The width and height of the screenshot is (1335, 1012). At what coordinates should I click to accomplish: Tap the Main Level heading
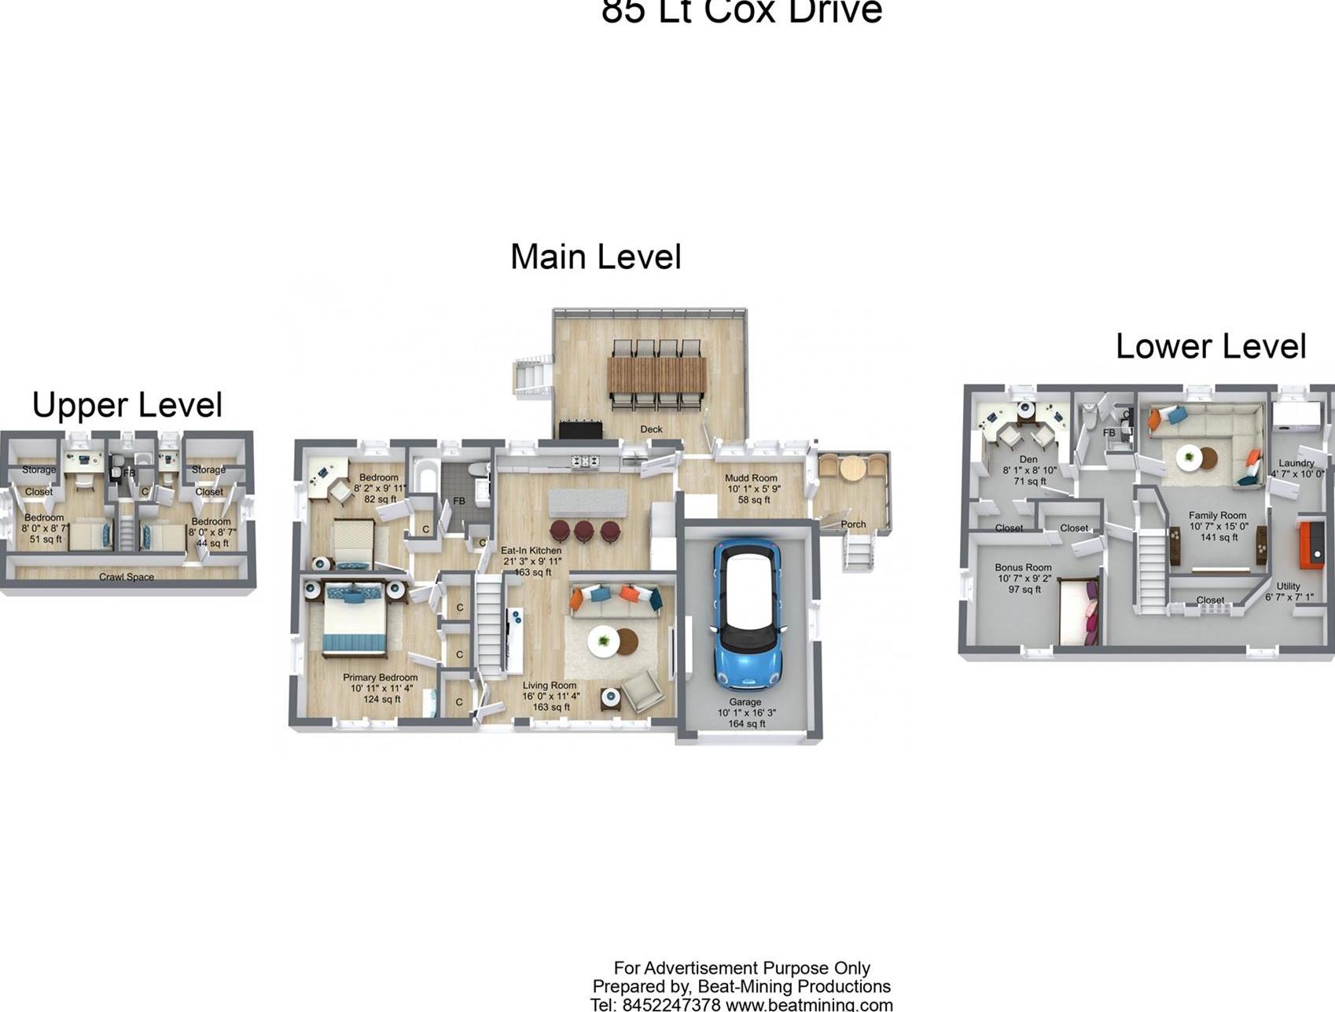click(595, 257)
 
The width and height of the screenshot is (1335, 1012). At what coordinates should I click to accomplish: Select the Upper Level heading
click(127, 405)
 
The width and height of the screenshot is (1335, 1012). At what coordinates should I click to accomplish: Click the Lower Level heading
click(1210, 347)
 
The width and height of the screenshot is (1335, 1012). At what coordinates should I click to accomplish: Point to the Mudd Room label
click(750, 478)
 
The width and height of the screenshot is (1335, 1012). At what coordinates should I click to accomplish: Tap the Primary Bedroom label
click(380, 678)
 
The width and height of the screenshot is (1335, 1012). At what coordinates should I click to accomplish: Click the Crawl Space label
click(126, 577)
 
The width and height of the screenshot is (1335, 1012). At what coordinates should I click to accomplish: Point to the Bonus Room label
click(1022, 567)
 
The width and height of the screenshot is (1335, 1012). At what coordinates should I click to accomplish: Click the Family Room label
click(1217, 516)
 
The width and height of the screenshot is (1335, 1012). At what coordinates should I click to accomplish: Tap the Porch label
click(853, 524)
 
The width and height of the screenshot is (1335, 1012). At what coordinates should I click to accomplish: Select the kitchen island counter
click(587, 502)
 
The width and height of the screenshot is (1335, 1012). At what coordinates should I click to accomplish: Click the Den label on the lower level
click(1028, 459)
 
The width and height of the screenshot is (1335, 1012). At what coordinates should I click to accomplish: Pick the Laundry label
click(1296, 463)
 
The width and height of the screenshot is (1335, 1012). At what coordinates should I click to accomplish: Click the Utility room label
click(1288, 586)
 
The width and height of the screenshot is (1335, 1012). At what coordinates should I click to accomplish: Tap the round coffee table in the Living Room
click(604, 641)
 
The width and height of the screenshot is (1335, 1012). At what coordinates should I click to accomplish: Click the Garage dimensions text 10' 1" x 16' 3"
click(745, 713)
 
